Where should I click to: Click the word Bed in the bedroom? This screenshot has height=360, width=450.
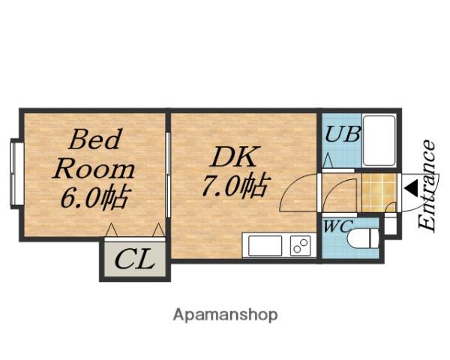click(x=94, y=139)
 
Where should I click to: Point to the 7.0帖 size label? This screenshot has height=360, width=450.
click(x=236, y=184)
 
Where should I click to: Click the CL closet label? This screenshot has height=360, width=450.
click(x=135, y=259)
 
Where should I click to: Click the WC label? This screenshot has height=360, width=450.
click(x=337, y=226)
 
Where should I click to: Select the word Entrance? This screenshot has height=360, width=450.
click(x=427, y=185)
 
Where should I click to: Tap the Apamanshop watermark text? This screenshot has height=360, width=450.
click(x=225, y=315)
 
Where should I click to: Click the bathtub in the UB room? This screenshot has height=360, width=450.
click(x=379, y=141)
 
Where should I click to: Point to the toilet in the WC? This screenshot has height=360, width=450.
click(x=363, y=238)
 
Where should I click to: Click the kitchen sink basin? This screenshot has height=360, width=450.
click(x=265, y=245)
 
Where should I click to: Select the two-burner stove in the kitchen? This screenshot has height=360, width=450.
click(x=301, y=245)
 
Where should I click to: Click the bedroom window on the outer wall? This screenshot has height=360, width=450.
click(x=13, y=174)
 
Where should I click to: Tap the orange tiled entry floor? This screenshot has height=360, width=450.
click(x=379, y=192)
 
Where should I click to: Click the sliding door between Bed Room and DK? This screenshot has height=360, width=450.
click(x=168, y=175)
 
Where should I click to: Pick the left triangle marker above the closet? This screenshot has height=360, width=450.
click(x=111, y=230)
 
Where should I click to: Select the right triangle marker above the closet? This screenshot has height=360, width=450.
click(x=158, y=230)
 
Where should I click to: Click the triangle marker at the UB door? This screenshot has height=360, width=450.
click(x=328, y=161)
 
